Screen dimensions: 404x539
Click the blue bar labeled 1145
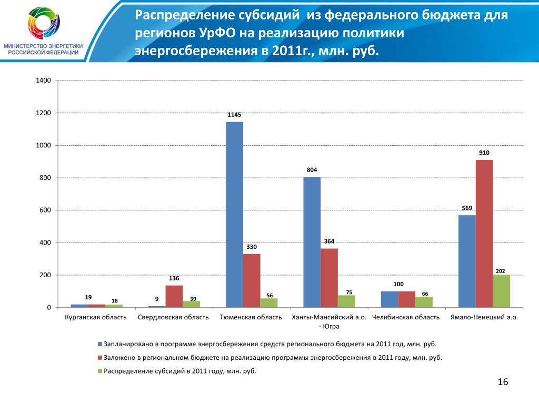click(234, 215)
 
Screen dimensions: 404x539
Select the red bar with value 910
click(484, 234)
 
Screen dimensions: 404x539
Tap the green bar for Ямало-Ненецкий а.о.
click(501, 291)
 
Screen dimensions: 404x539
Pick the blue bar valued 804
click(312, 242)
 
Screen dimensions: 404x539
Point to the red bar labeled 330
click(252, 280)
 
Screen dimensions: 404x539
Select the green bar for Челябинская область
click(424, 302)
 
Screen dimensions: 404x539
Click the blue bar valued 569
click(467, 261)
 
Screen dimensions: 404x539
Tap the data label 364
click(329, 241)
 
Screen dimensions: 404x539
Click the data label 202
click(501, 271)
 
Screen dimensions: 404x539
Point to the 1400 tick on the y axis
click(43, 80)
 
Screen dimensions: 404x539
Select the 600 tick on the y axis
click(45, 210)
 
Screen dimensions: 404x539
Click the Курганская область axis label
click(96, 318)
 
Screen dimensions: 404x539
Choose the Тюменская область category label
click(251, 318)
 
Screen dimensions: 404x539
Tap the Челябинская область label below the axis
click(406, 318)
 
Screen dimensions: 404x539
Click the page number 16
click(503, 382)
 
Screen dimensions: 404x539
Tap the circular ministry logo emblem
click(43, 24)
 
